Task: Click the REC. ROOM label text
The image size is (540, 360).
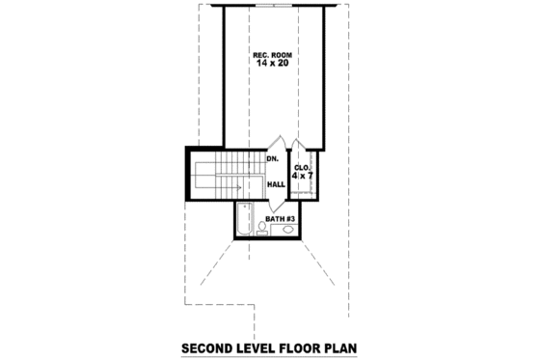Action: tap(273, 54)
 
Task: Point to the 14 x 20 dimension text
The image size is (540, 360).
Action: tap(273, 64)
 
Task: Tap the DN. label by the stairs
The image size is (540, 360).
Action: tap(272, 158)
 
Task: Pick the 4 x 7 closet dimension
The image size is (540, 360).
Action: tap(302, 177)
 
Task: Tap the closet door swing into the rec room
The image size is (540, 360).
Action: tap(301, 145)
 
